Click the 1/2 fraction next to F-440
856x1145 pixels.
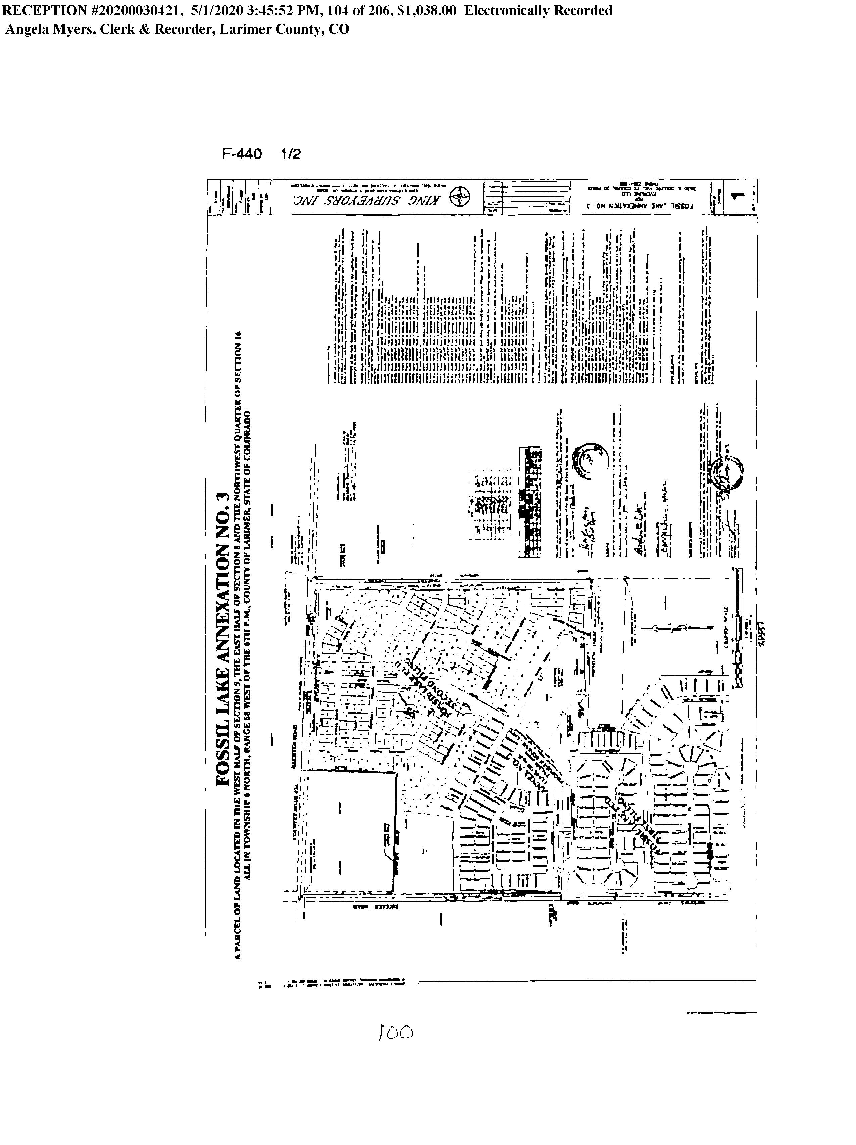coord(290,154)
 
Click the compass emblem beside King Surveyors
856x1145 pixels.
coord(459,197)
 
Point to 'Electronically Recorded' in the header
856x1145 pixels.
coord(538,11)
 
